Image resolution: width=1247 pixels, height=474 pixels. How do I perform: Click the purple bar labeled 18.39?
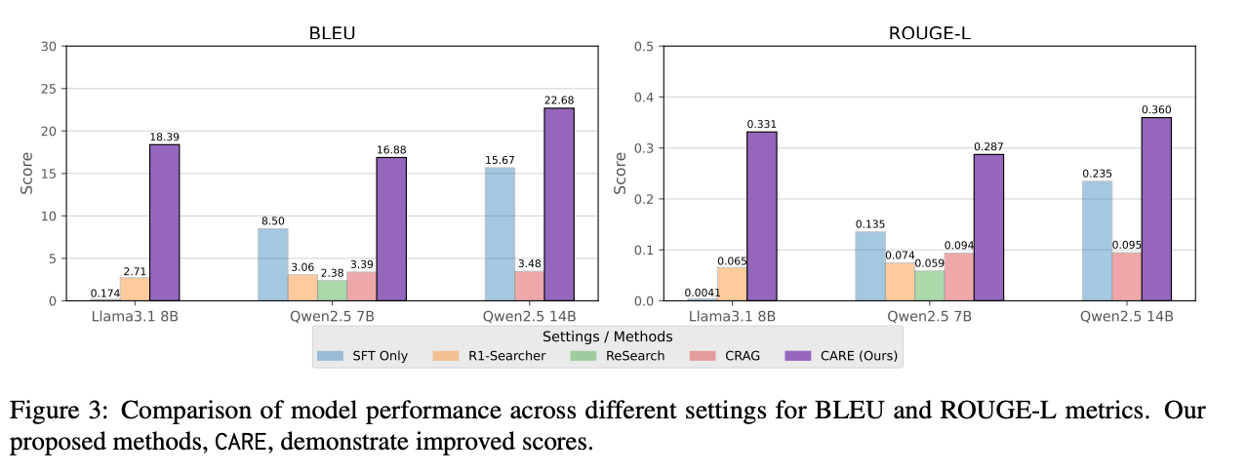tap(164, 222)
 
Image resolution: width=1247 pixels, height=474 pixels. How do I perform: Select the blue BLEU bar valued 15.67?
tap(500, 234)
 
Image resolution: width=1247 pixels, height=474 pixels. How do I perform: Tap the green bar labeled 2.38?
tap(332, 291)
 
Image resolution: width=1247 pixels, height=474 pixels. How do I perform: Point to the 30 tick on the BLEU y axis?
tap(47, 46)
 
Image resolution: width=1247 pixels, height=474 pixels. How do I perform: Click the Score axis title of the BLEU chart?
tap(27, 173)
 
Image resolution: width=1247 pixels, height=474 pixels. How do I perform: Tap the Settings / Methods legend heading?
tap(607, 335)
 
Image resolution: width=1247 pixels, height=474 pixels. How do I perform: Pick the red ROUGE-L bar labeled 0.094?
tap(958, 276)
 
